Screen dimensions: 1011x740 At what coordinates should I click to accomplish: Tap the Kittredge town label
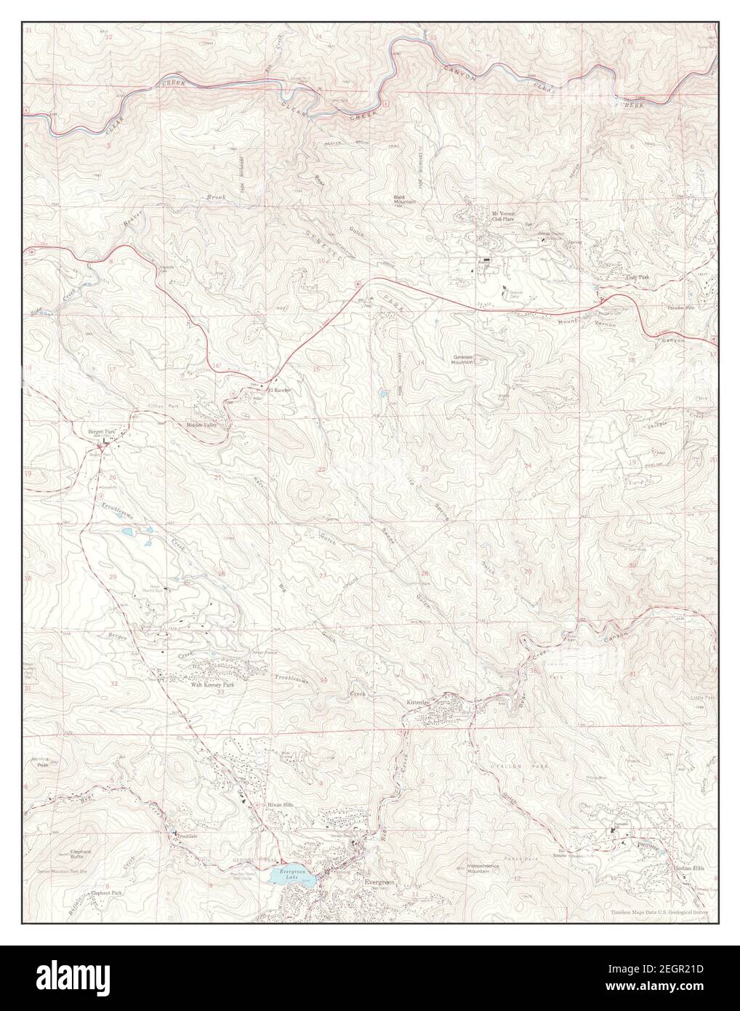pos(418,703)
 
